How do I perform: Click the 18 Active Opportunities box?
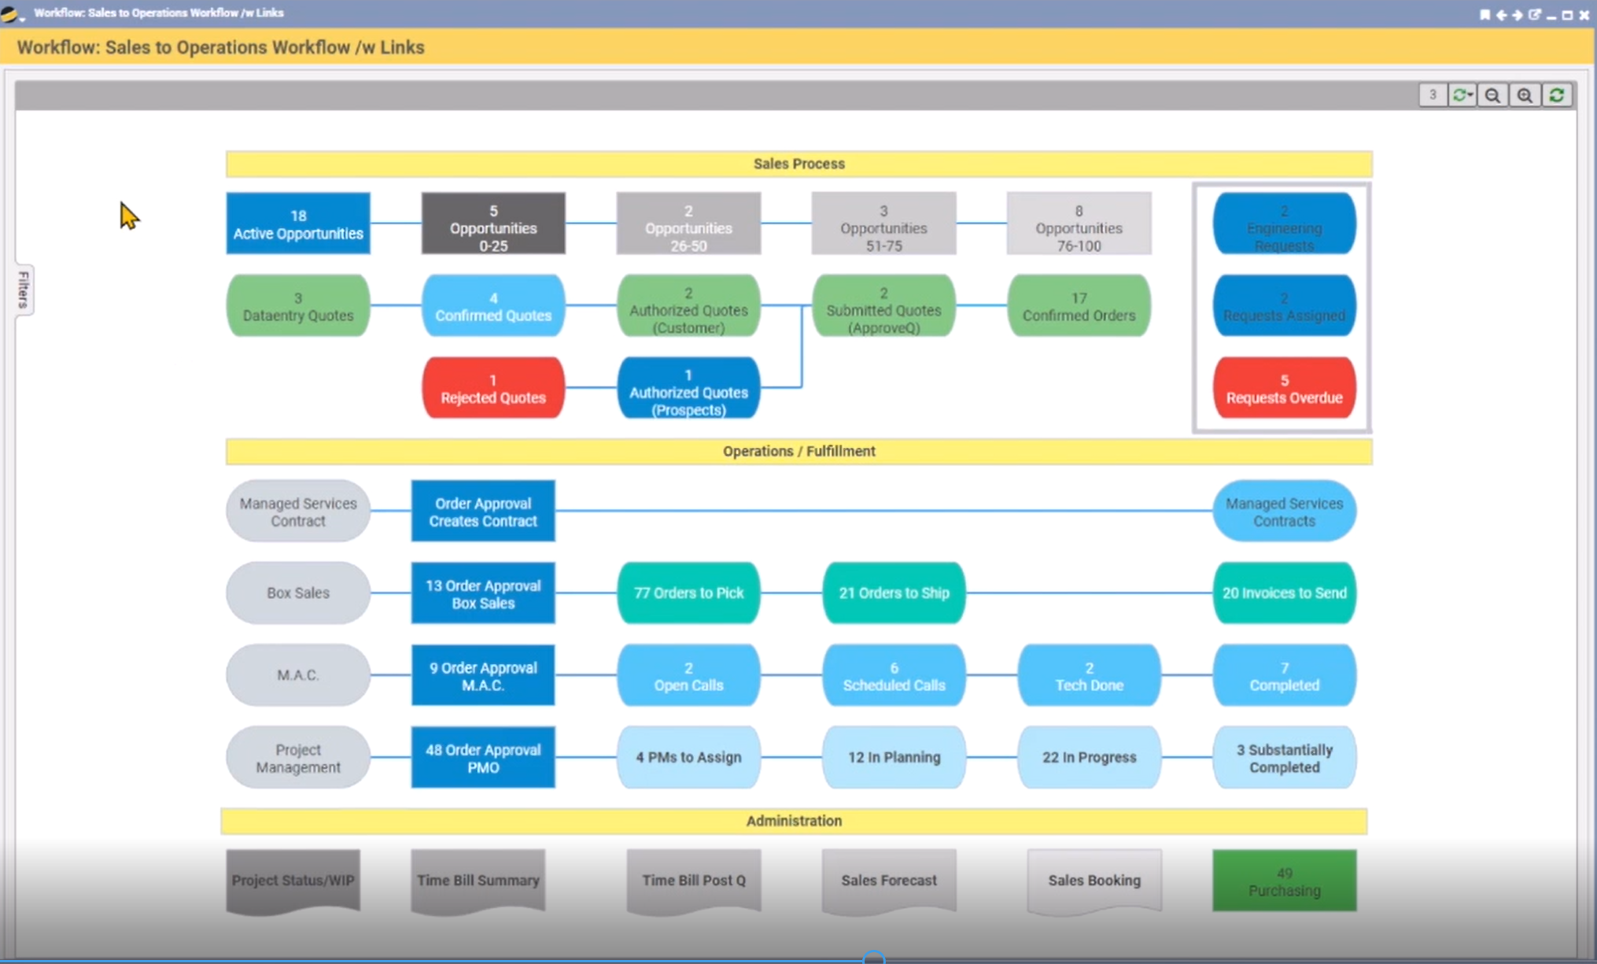point(297,223)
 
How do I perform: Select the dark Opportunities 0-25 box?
point(492,223)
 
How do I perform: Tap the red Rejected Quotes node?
point(492,388)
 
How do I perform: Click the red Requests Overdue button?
point(1283,388)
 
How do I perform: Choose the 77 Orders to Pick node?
point(688,593)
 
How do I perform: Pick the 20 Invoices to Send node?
point(1283,593)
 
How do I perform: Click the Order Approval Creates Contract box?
point(482,512)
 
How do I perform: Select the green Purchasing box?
point(1283,881)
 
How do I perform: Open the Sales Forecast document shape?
point(888,881)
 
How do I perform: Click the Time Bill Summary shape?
point(478,881)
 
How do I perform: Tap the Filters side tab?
point(24,289)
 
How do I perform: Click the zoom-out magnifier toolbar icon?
point(1492,95)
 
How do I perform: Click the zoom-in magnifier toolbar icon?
point(1524,95)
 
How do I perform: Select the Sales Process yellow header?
point(798,164)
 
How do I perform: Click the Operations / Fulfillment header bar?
point(798,451)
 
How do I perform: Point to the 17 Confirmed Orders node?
point(1078,306)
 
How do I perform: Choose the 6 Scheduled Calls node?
point(893,675)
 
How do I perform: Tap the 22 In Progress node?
point(1088,757)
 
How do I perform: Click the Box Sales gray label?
point(297,593)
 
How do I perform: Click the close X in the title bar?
point(1584,14)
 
